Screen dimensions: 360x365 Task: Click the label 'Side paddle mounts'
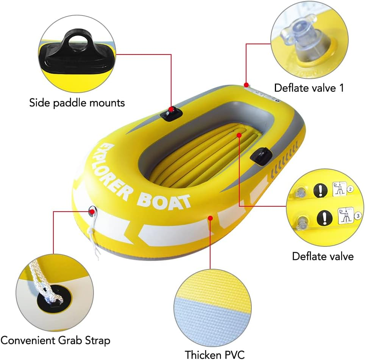click(x=77, y=103)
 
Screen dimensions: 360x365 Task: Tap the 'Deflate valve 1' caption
click(x=309, y=88)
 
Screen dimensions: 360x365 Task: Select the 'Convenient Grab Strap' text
click(x=55, y=340)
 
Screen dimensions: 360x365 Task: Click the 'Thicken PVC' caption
click(x=215, y=354)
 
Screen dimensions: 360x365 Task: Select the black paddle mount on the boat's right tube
click(x=261, y=156)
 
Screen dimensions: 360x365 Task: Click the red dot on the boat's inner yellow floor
click(x=239, y=134)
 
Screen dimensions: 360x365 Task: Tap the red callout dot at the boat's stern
click(x=246, y=84)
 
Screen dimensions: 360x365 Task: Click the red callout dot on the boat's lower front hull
click(x=211, y=218)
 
